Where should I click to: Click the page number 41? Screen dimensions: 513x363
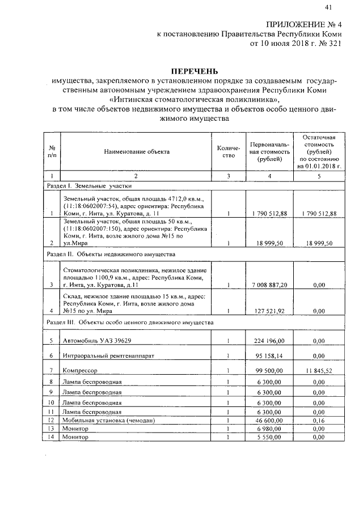(x=328, y=7)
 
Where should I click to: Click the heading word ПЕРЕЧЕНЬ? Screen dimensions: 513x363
(x=195, y=71)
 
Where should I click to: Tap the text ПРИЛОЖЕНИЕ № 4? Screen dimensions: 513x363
(x=303, y=24)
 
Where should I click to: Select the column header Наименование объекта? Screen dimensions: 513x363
(x=137, y=151)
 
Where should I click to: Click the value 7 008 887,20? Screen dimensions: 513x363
(x=269, y=285)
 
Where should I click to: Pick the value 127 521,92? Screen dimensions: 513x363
(x=269, y=311)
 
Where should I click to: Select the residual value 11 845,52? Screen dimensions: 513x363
(x=319, y=370)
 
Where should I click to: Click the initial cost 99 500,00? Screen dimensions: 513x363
(x=269, y=370)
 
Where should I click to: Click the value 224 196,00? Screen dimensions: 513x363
(x=269, y=341)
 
